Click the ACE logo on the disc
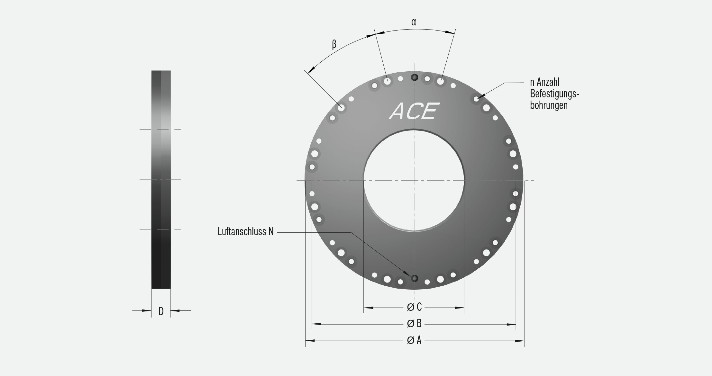[414, 111]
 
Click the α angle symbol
[414, 22]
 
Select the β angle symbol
[334, 44]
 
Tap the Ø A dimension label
[414, 340]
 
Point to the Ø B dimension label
[414, 324]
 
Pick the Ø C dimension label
[414, 307]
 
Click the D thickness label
[161, 311]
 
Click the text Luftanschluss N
[246, 232]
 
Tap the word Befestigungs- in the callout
[554, 94]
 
